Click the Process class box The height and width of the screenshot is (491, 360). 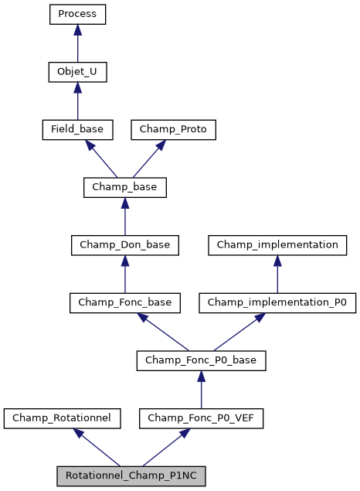point(77,14)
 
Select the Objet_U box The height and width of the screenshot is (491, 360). point(77,72)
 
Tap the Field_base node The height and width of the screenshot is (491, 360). point(77,129)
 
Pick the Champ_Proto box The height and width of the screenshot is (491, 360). point(173,129)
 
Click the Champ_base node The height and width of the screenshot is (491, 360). point(124,187)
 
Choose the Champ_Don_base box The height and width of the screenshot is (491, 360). point(124,245)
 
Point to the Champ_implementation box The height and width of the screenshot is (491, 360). point(277,245)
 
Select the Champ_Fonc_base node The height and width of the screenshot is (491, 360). point(124,302)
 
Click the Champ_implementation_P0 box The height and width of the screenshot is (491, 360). point(277,302)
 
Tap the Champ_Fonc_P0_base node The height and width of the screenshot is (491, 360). point(201,360)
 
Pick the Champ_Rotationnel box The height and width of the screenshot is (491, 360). point(62,418)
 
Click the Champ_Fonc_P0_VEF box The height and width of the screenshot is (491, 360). point(201,418)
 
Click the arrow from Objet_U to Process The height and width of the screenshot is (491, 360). point(77,43)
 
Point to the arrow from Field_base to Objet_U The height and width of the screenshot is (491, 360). point(77,101)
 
